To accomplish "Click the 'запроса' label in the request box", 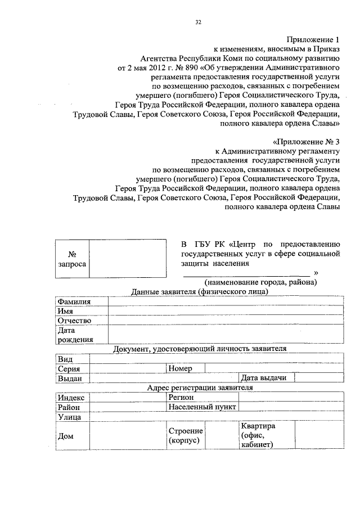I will (x=72, y=264).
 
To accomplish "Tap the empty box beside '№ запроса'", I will (x=128, y=259).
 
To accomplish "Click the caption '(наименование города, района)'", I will (x=260, y=281).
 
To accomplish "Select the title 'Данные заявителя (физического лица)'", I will (x=199, y=291).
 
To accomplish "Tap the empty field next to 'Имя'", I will (x=226, y=311).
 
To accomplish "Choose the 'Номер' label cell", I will (x=180, y=368).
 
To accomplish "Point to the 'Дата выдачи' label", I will (x=263, y=378).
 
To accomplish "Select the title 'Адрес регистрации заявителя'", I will (x=199, y=388).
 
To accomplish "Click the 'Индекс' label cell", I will (x=71, y=397).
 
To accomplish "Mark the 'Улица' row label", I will (x=70, y=417).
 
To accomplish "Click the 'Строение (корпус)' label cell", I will (x=185, y=435).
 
